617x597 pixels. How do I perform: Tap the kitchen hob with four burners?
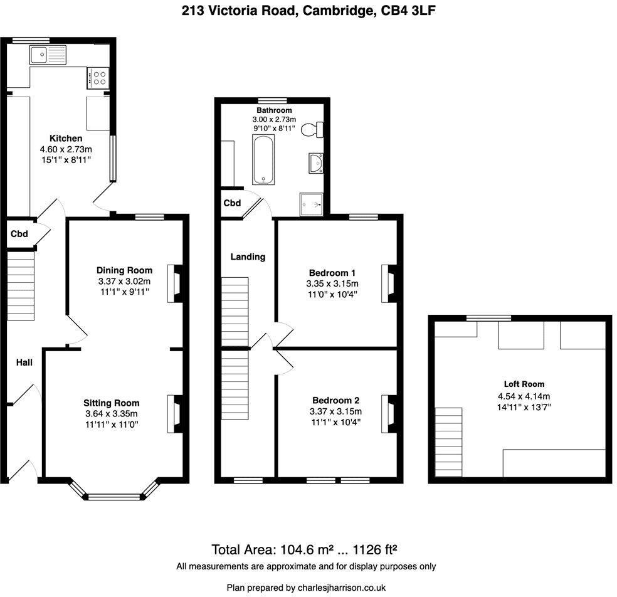click(98, 77)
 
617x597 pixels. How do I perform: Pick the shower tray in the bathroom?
click(312, 202)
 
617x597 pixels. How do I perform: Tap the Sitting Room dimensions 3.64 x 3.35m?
click(112, 413)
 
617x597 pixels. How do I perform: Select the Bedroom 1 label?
click(332, 273)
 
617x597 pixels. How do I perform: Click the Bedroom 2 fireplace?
click(389, 413)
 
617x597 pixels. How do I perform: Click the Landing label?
click(248, 256)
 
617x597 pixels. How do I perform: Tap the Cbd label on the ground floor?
click(19, 234)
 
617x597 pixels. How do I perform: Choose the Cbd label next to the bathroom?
click(233, 203)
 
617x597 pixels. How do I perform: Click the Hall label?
click(24, 362)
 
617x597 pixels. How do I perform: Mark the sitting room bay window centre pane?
click(113, 497)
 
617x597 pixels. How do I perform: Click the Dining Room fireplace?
click(174, 284)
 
